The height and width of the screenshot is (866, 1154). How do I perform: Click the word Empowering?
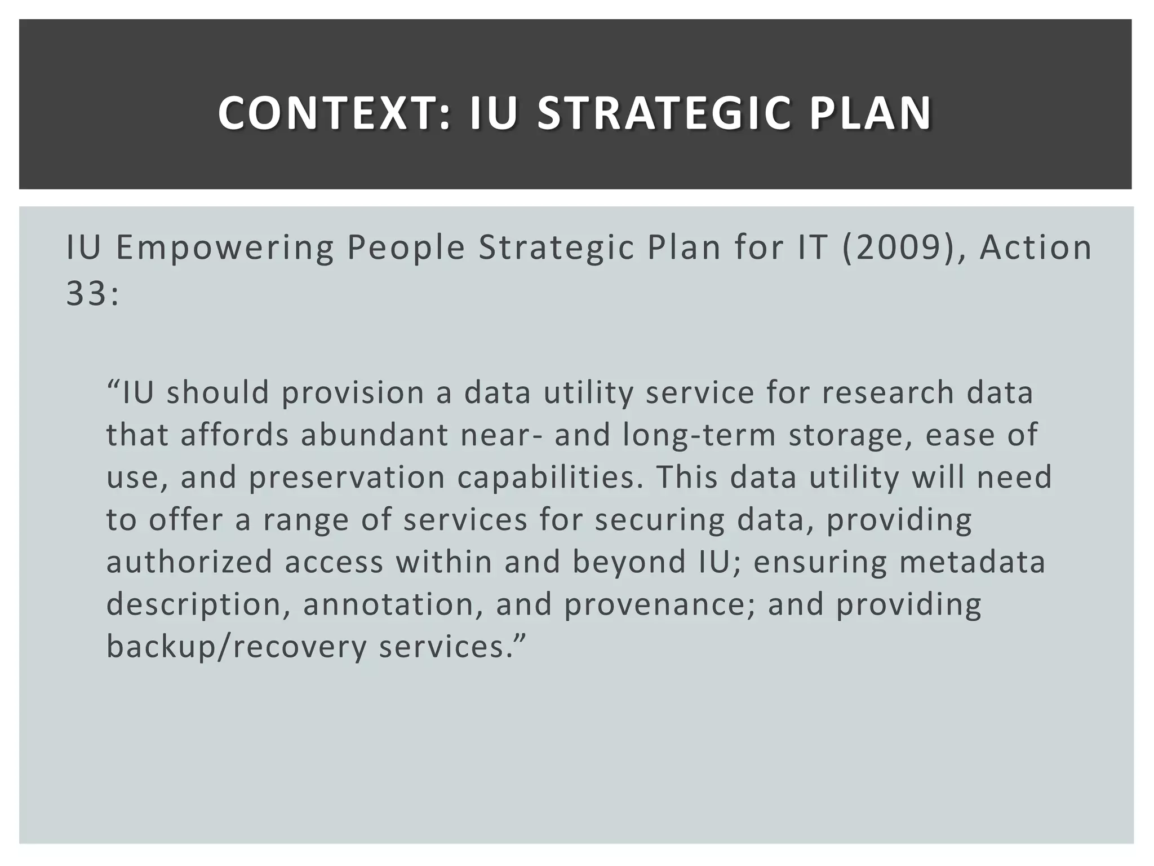[225, 248]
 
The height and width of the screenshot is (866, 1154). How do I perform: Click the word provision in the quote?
[353, 393]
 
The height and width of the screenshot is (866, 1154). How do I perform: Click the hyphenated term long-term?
[699, 435]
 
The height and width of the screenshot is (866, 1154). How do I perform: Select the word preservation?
[347, 478]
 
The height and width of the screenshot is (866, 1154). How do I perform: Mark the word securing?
[659, 520]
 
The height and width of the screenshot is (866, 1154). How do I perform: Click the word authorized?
[189, 562]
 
